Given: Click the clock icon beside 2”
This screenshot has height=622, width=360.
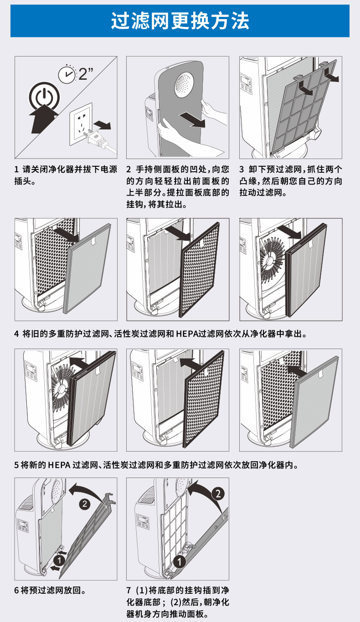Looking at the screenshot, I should point(67,74).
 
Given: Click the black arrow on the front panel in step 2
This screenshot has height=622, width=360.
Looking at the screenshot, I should point(192,120).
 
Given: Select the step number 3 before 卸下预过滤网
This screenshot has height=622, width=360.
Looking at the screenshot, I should point(242,170).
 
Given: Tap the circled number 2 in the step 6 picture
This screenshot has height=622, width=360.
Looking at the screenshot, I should point(84,504).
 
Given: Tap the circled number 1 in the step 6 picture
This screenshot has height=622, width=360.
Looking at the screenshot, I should point(59,559).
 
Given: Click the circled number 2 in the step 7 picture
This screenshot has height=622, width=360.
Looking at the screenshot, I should point(218,493).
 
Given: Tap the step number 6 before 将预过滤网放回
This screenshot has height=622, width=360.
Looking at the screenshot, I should point(17,591).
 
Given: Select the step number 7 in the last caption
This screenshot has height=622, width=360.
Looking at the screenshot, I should point(129,591).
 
